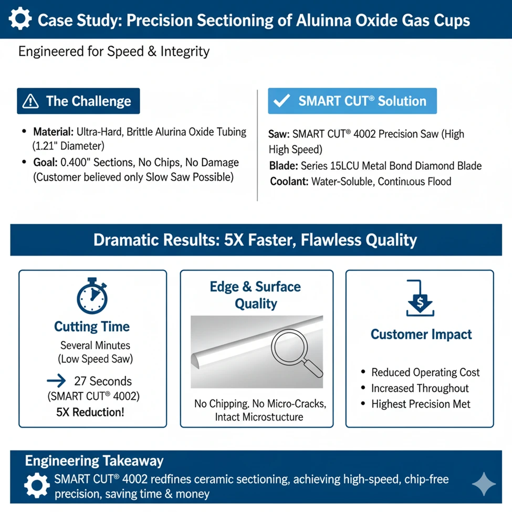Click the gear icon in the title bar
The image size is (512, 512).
click(20, 19)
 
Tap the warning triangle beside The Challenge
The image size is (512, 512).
click(30, 101)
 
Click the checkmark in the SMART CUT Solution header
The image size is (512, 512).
click(281, 101)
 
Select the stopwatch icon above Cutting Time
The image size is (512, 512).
click(92, 296)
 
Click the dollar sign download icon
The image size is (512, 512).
click(420, 298)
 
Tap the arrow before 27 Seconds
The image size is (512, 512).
click(56, 380)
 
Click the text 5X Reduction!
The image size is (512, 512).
click(90, 412)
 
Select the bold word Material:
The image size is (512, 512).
click(53, 132)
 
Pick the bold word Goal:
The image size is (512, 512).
click(45, 162)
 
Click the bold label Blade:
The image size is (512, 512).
click(284, 166)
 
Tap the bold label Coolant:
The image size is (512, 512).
click(289, 182)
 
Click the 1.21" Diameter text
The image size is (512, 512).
click(68, 146)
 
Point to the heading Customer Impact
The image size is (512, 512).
click(421, 335)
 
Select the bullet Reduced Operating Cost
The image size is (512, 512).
click(425, 372)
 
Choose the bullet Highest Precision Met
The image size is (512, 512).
click(421, 404)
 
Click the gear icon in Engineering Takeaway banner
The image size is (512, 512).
click(37, 485)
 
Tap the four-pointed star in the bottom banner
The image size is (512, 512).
click(484, 484)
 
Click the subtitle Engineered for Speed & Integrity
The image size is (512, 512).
click(113, 51)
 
